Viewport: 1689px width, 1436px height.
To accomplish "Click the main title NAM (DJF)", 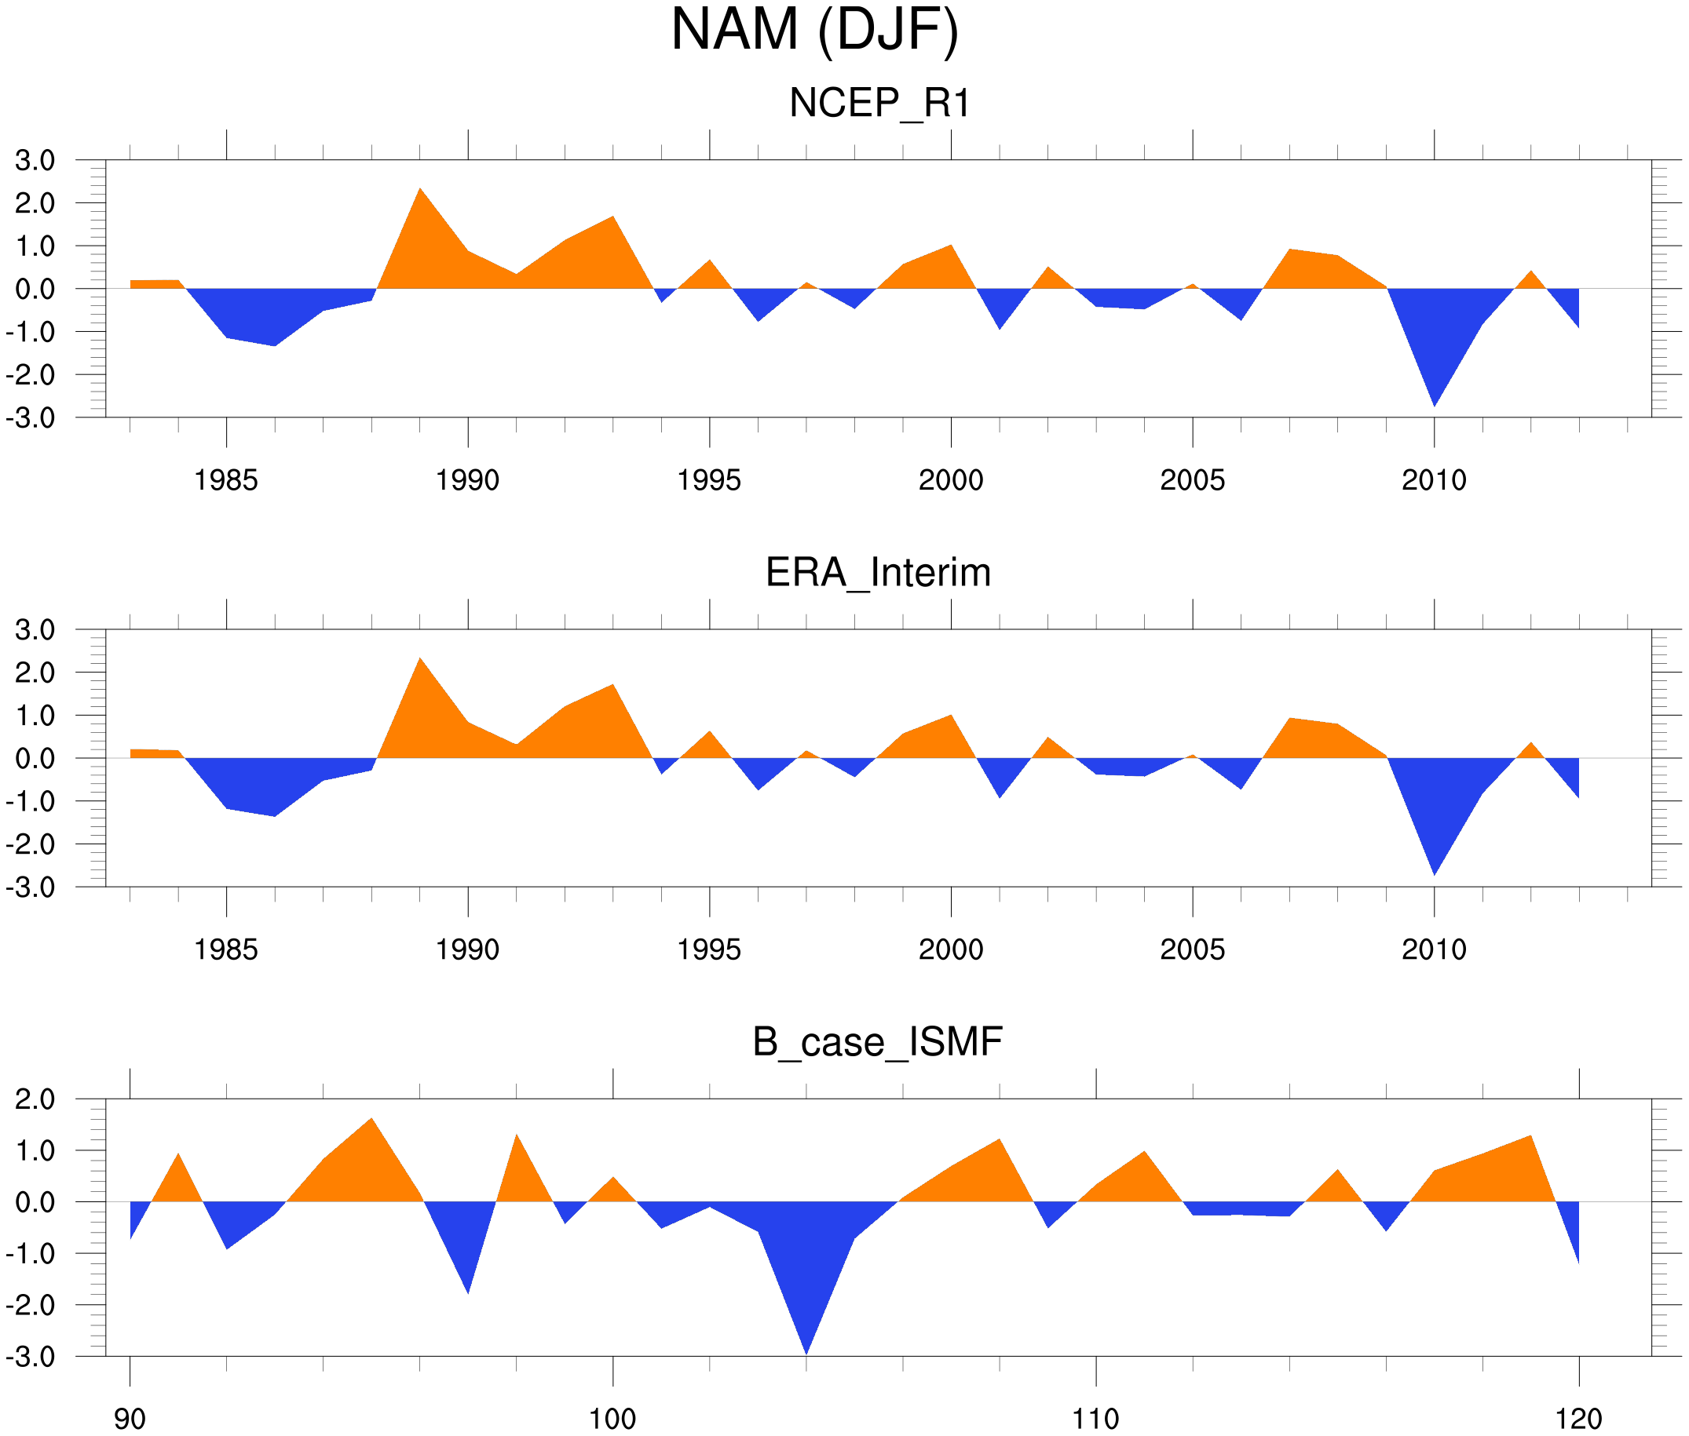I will click(x=814, y=31).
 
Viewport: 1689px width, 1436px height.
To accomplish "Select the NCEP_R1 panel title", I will click(x=879, y=104).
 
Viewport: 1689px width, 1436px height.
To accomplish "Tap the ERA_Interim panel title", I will click(x=878, y=572).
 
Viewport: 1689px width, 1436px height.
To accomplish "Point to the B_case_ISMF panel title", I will click(x=877, y=1041).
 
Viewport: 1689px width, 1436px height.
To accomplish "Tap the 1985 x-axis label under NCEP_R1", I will click(x=225, y=480).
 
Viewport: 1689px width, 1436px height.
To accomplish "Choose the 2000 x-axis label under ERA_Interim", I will click(x=950, y=949).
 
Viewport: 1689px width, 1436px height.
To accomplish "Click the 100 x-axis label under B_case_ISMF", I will click(x=612, y=1419).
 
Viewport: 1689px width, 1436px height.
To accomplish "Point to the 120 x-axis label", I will click(x=1578, y=1419).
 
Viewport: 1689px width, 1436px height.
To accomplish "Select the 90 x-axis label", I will click(x=130, y=1419).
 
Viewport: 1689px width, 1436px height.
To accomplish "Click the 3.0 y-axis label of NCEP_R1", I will click(x=35, y=160).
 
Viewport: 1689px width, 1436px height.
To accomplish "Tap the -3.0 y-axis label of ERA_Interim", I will click(x=30, y=887).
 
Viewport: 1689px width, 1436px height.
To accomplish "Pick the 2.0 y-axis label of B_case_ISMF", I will click(x=35, y=1099).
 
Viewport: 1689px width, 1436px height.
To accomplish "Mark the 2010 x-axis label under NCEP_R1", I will click(x=1433, y=480).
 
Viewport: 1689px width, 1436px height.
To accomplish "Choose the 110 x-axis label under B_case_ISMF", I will click(x=1095, y=1419).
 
